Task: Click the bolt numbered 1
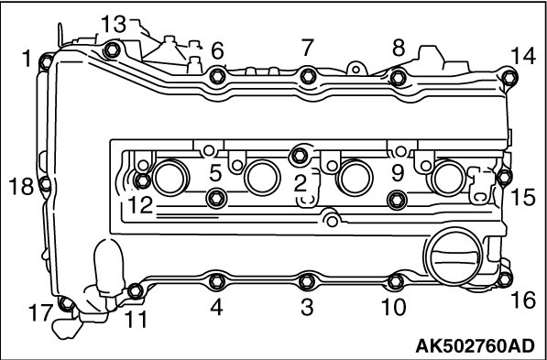(x=46, y=63)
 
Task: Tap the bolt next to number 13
(x=113, y=50)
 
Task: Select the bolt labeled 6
(x=217, y=76)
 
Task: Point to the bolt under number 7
(x=309, y=76)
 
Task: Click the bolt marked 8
(x=399, y=78)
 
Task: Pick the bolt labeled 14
(x=509, y=77)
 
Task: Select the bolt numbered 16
(x=505, y=279)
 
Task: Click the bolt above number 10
(x=396, y=281)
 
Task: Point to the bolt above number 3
(x=307, y=281)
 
